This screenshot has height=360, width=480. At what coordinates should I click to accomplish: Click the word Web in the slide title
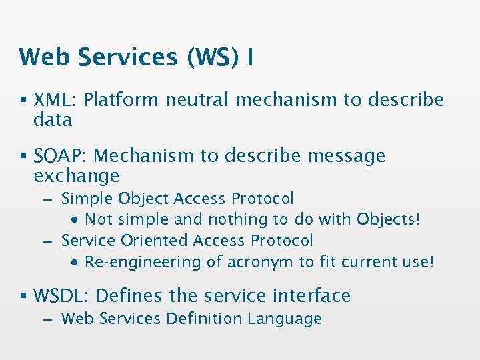pos(45,57)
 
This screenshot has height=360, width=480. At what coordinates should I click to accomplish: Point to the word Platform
pos(122,101)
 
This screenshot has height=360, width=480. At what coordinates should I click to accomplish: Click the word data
pos(53,120)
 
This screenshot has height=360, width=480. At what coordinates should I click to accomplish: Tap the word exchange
pos(76,176)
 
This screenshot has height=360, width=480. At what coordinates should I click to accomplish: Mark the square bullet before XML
pos(23,101)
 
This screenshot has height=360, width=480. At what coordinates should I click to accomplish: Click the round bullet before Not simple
pos(76,220)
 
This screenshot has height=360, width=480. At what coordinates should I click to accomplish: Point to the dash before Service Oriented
pos(46,241)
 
